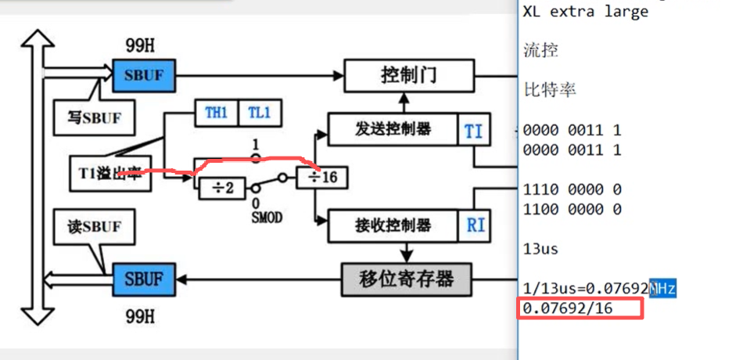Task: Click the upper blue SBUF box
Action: point(143,75)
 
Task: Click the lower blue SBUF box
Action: point(143,279)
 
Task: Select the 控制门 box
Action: point(408,76)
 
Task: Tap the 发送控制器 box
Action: point(391,129)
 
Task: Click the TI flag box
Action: point(473,131)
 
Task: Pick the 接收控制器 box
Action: point(391,225)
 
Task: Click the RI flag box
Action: point(475,225)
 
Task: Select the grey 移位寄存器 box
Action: point(407,279)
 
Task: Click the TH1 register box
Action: point(216,112)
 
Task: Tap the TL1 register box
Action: point(260,112)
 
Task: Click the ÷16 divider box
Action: point(321,178)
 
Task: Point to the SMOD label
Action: point(266,218)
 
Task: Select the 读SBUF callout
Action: point(92,227)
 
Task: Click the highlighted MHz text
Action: point(662,289)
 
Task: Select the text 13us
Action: point(540,249)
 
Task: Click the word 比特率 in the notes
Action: point(550,89)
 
